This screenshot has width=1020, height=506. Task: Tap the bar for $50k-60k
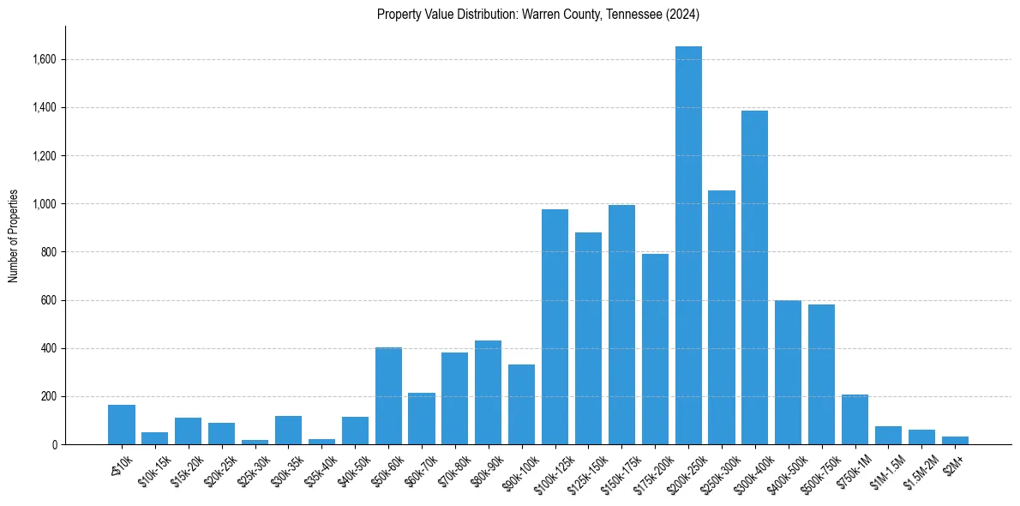388,396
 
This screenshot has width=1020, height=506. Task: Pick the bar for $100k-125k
555,327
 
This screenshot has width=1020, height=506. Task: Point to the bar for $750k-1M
855,419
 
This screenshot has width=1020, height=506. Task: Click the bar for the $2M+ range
955,441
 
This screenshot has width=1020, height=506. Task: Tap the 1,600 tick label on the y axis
45,60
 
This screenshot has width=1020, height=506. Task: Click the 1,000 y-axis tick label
45,204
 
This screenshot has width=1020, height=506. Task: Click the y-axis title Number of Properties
14,236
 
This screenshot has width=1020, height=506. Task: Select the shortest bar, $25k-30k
255,443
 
